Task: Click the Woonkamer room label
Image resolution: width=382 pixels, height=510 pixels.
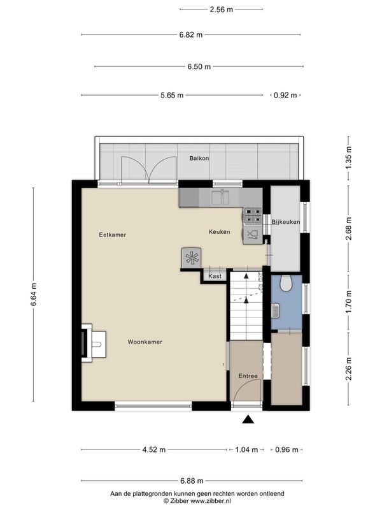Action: pos(145,342)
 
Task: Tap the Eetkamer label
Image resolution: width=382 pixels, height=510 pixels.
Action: pos(113,235)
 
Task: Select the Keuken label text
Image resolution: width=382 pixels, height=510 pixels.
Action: pos(219,231)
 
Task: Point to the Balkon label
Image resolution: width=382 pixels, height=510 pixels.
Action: pos(199,158)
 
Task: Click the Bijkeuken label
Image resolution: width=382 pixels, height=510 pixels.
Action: pos(286,222)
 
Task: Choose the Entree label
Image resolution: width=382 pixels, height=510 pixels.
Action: pos(248,375)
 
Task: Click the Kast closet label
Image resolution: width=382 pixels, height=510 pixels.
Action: pos(215,276)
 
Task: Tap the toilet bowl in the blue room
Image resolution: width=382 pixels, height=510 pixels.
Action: pos(286,283)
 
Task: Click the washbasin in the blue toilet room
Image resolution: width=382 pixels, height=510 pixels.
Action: pos(276,310)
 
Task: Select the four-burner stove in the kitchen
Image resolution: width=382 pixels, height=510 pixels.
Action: pos(253,216)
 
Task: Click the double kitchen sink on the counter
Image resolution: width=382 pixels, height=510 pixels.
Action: pos(221,197)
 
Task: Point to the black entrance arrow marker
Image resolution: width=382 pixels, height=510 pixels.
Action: pos(248,419)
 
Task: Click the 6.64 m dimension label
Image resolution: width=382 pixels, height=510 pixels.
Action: pos(34,295)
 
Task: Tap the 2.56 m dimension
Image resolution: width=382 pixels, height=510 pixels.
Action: pos(221,10)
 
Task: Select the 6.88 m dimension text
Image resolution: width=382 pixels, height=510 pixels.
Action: pos(192,481)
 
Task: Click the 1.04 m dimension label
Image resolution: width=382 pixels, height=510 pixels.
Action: pos(246,449)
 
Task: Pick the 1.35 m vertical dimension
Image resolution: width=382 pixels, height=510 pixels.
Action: pos(348,157)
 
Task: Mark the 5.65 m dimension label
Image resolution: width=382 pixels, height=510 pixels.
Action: pos(172,95)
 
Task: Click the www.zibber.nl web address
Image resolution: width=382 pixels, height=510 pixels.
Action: pos(211,501)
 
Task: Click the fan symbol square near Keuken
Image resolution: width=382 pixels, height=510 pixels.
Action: pos(192,258)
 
